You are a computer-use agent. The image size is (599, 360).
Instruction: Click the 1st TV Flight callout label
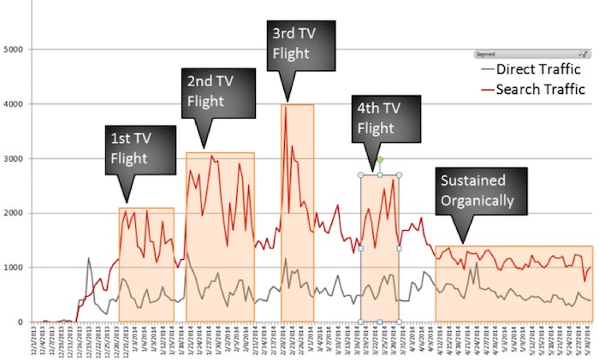pyautogui.click(x=140, y=147)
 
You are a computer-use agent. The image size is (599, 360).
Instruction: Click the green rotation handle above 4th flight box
pyautogui.click(x=379, y=160)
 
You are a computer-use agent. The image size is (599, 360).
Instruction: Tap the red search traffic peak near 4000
pyautogui.click(x=283, y=106)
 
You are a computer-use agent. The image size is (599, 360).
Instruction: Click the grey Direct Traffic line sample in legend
pyautogui.click(x=489, y=68)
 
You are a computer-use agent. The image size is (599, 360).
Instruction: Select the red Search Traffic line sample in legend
pyautogui.click(x=489, y=88)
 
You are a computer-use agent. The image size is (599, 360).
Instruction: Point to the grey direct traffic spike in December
pyautogui.click(x=88, y=258)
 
